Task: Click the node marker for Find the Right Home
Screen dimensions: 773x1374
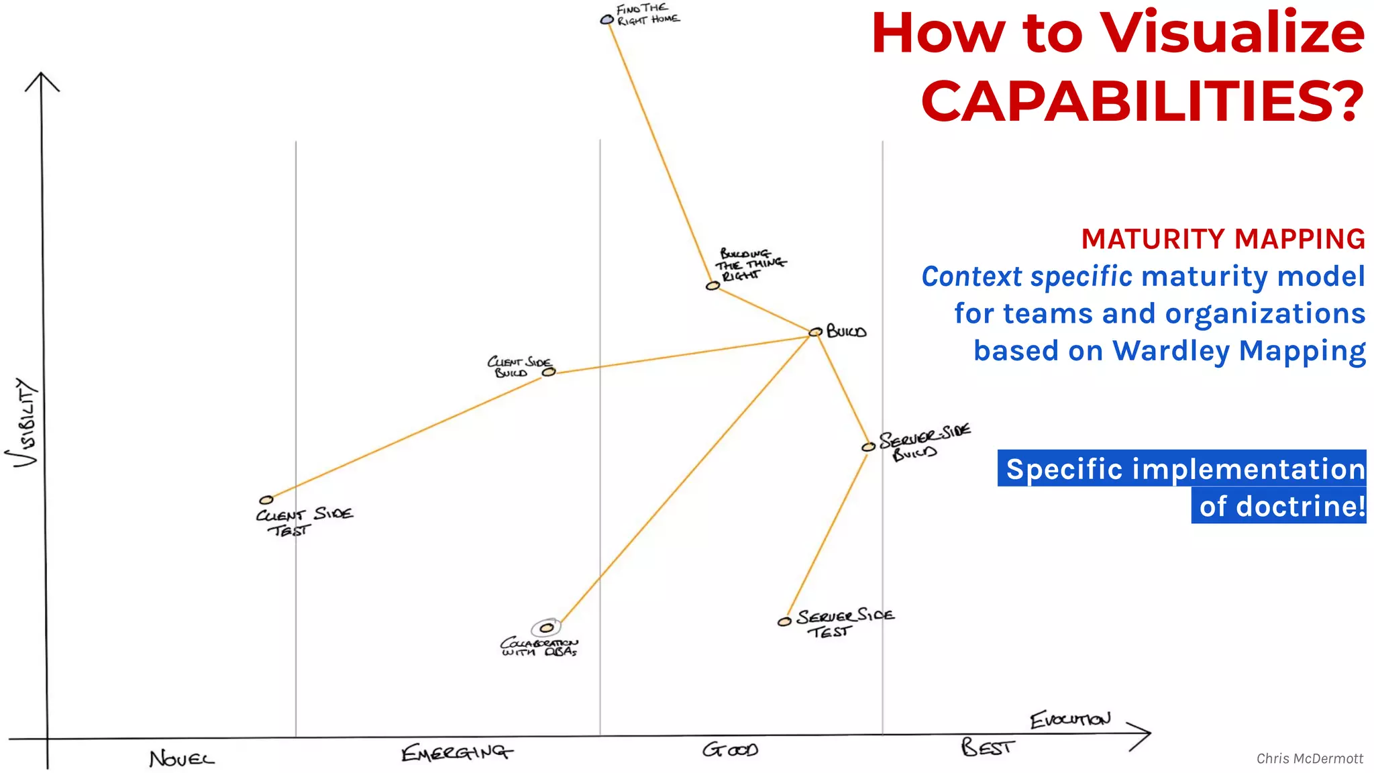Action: (606, 20)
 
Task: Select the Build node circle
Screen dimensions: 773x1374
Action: (815, 331)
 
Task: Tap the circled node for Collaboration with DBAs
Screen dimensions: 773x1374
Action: (547, 628)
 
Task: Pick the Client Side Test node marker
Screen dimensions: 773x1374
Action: (266, 500)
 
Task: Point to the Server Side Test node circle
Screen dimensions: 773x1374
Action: (784, 622)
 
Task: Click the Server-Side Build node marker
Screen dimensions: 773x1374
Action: (868, 447)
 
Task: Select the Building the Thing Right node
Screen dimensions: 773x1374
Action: (712, 286)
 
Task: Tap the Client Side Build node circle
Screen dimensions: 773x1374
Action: (549, 372)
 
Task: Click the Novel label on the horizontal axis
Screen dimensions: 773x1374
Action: (182, 759)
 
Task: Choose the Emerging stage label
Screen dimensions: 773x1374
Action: (457, 753)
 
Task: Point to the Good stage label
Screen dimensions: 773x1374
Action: (730, 750)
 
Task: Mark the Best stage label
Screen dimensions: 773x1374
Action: (988, 747)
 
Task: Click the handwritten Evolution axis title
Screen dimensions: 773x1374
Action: (1070, 719)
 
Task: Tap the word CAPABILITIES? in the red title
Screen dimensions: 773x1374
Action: (1143, 101)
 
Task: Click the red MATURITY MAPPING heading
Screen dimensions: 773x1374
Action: (1222, 239)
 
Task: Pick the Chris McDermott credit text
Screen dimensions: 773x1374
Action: (1310, 758)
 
